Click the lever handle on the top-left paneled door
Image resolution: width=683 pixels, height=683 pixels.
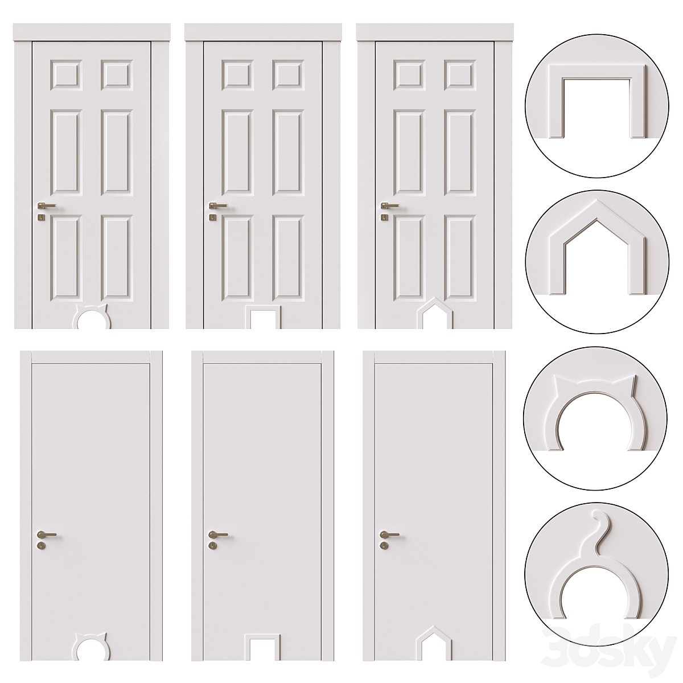pos(47,205)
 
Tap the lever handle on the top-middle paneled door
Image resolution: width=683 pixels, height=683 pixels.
pos(218,205)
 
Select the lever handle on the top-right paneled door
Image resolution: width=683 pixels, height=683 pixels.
pos(389,205)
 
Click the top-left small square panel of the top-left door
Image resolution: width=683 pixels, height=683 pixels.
pos(66,75)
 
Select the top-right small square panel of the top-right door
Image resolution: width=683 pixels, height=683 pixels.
pos(460,75)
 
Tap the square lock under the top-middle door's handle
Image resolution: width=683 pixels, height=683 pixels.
pos(212,217)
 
